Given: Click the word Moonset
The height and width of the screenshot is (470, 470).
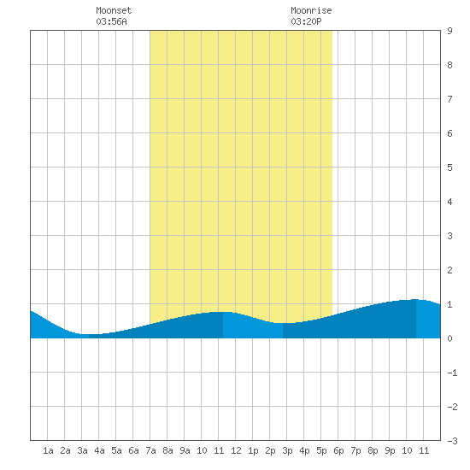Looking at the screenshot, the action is tap(114, 10).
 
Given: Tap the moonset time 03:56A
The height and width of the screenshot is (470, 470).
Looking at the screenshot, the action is tap(111, 21).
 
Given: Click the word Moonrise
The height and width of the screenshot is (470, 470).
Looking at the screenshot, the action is tap(311, 10).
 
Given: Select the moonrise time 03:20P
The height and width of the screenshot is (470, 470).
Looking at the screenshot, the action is tap(306, 21).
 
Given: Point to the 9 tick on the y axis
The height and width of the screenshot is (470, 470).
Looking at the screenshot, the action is tap(449, 31).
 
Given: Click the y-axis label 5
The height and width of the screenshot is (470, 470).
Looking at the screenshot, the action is tap(449, 167).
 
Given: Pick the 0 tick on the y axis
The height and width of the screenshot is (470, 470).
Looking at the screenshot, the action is tap(449, 338).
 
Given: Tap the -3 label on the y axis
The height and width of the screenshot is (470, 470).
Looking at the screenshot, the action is tap(452, 441).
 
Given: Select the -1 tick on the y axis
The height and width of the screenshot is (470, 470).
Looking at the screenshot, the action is tap(452, 373).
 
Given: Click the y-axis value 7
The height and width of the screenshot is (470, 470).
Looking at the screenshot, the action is tap(449, 99).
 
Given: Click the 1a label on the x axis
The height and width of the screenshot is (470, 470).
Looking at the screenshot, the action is tap(48, 450).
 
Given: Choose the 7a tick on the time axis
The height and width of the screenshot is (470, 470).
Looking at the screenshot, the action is tap(150, 450).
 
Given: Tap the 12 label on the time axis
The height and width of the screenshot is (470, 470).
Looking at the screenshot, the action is tap(236, 450).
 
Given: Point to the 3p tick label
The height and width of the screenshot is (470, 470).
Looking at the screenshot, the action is tap(287, 450).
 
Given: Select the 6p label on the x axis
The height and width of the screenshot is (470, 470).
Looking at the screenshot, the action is tap(338, 450).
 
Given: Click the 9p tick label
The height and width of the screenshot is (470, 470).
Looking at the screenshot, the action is tap(390, 450).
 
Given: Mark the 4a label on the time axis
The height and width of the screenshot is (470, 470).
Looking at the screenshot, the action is tap(99, 450).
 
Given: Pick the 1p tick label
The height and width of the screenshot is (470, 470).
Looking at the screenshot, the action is tap(253, 450).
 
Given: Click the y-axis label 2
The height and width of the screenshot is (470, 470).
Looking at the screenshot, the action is tap(449, 270).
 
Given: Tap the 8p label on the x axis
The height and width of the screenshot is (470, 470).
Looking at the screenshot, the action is tap(373, 450).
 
